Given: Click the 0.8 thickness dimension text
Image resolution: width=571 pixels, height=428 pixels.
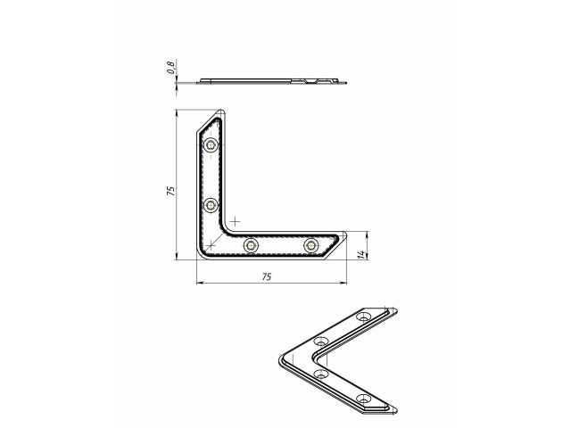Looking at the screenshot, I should point(169,67).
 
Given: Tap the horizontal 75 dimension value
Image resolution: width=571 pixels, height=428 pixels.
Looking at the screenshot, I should point(267,277).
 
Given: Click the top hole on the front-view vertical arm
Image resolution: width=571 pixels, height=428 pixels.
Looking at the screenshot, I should point(211,144).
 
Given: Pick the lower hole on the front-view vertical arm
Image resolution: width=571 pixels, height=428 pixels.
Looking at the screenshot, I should point(211,205).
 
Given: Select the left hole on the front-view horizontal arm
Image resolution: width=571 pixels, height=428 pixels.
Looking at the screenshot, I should point(252,244).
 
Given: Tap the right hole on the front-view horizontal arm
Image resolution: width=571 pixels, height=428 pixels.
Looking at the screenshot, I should point(310,244).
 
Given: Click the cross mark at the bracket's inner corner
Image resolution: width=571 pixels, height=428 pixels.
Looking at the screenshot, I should point(235,219).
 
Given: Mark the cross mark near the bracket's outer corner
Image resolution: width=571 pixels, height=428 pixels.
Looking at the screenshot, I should point(208,243).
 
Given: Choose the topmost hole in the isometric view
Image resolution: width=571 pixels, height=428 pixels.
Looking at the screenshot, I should point(363,317).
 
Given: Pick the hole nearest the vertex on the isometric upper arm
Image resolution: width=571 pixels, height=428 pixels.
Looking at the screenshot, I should point(322,342).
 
